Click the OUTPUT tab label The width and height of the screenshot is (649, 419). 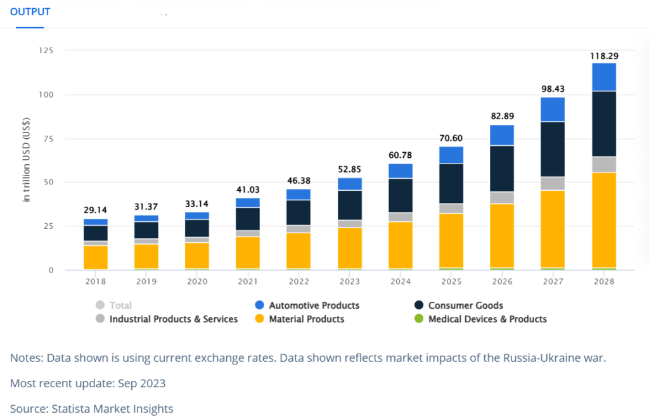[x=30, y=12]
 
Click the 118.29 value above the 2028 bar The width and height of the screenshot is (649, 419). [x=604, y=56]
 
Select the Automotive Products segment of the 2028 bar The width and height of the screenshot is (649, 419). [x=604, y=77]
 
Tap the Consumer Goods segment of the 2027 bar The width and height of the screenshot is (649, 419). [x=553, y=149]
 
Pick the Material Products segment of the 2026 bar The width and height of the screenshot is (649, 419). [x=501, y=235]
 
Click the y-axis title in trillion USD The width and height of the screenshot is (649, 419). [x=27, y=160]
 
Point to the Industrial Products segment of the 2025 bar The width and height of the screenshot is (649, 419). [x=451, y=209]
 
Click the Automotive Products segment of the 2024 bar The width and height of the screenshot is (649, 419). [x=401, y=171]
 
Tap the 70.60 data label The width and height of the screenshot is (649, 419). [x=451, y=136]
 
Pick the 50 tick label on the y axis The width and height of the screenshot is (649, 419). [x=49, y=183]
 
